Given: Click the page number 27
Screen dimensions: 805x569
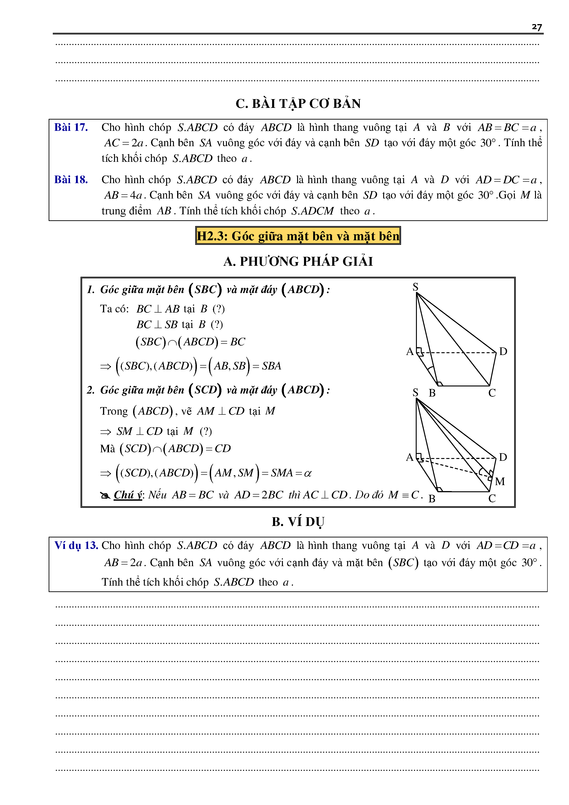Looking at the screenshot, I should (x=536, y=27).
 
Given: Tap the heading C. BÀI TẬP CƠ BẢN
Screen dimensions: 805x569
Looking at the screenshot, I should (x=298, y=103).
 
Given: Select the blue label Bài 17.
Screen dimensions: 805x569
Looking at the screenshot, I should (x=71, y=127).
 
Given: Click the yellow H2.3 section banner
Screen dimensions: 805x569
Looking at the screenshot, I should (x=298, y=236).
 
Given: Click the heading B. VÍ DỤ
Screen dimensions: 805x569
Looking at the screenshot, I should (x=298, y=522).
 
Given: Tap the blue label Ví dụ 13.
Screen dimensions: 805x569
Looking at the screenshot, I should (x=76, y=545).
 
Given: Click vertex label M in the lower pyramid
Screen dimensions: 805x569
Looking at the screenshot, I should (x=500, y=481).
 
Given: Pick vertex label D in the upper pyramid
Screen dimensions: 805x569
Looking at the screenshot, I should (x=503, y=351).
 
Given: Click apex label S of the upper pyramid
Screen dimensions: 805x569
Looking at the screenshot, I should (x=416, y=287).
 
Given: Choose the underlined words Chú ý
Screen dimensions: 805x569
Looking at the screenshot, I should (x=128, y=495).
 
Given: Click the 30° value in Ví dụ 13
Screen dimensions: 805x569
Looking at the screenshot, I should (x=529, y=563).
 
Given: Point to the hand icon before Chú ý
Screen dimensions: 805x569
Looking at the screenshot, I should (x=105, y=495).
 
